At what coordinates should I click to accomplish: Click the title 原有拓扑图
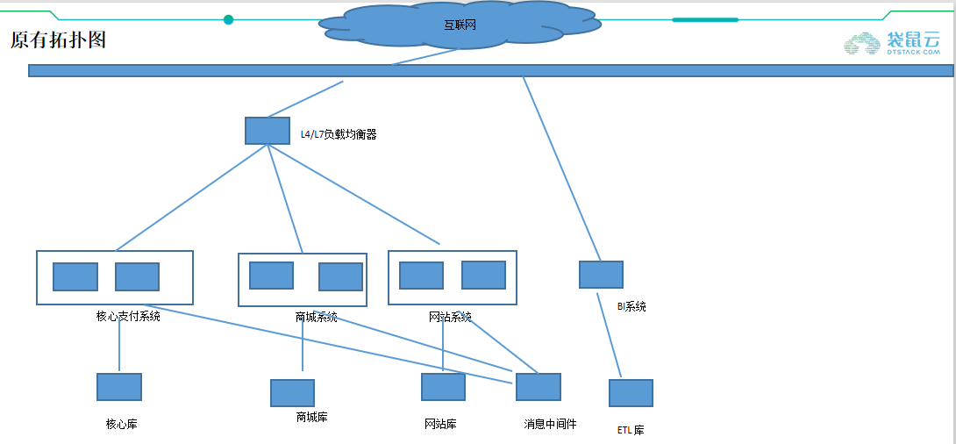(58, 40)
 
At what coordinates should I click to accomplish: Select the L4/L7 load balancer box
(267, 131)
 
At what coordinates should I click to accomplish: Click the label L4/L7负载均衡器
(339, 135)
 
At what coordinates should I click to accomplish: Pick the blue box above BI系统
(601, 275)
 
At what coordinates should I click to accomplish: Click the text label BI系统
(631, 307)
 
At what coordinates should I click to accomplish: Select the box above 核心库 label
(119, 387)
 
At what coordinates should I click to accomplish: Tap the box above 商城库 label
(292, 393)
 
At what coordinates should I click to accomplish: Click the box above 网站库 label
(443, 387)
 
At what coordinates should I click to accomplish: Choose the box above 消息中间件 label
(538, 387)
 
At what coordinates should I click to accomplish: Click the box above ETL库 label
(631, 393)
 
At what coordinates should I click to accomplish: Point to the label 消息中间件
(550, 424)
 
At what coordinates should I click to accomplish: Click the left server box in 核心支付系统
(75, 276)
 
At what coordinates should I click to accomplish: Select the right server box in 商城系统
(340, 276)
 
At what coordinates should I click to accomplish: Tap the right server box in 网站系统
(483, 275)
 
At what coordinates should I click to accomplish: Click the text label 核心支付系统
(128, 317)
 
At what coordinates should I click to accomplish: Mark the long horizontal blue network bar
(263, 70)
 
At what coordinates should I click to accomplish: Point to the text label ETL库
(631, 431)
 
